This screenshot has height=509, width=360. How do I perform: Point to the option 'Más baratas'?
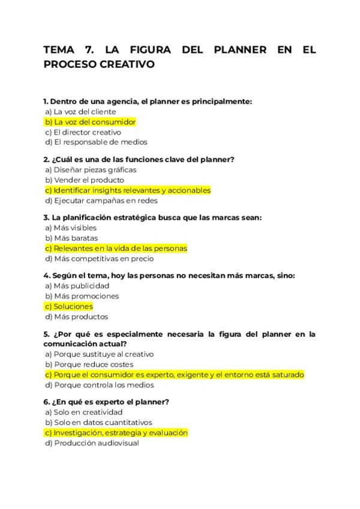tap(71, 238)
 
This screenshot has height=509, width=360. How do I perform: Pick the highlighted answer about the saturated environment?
tap(174, 375)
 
